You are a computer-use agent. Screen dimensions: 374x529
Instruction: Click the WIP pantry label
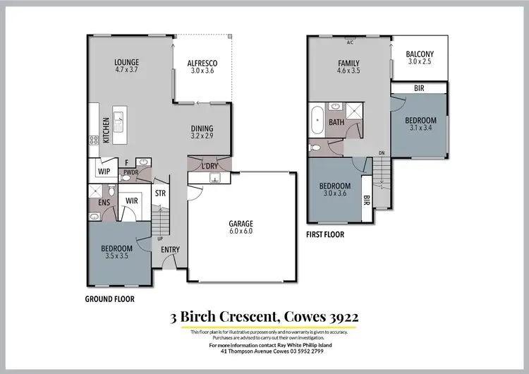point(104,171)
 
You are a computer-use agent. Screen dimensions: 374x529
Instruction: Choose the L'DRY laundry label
point(209,166)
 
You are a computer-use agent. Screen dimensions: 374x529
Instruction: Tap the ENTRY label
point(170,249)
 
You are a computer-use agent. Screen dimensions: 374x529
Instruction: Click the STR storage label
point(160,192)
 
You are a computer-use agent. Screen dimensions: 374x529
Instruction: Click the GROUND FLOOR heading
point(109,299)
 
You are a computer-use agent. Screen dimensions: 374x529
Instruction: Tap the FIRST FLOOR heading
point(325,234)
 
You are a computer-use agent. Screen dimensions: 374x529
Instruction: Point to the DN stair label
point(382,153)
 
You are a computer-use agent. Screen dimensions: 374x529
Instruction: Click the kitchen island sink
point(118,117)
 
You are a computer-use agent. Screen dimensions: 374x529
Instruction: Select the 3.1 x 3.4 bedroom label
point(420,128)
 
